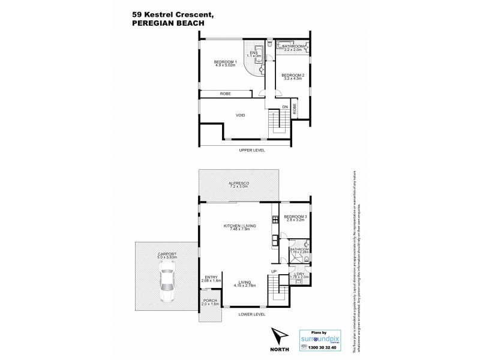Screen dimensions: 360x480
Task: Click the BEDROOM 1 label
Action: point(227,63)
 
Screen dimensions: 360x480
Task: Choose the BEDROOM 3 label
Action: point(295,217)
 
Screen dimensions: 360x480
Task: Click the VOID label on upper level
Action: point(239,115)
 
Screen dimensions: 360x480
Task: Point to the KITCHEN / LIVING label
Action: point(239,226)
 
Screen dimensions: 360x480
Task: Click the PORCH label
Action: point(210,300)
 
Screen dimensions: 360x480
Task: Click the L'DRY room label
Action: point(298,274)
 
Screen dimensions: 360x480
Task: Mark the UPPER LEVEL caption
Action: point(252,149)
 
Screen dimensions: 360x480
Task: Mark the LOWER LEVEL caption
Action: point(252,313)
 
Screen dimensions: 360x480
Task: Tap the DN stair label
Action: point(286,107)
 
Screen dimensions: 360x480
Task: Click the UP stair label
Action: point(274,271)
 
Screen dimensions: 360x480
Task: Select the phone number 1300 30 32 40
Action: point(322,347)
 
